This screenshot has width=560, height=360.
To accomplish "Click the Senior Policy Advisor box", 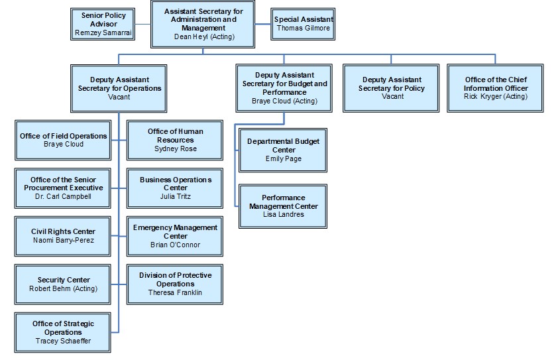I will click(103, 23).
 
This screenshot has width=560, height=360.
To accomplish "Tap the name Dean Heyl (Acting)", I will click(203, 37).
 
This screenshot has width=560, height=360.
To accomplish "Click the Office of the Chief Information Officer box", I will click(495, 88).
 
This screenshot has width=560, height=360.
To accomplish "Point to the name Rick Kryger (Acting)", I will click(495, 97).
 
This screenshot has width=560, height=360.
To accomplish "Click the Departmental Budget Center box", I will click(283, 150).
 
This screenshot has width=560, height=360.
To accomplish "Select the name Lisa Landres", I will click(283, 214).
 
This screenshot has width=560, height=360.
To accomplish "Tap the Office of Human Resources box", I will click(176, 140).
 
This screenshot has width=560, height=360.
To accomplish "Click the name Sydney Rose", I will click(176, 149).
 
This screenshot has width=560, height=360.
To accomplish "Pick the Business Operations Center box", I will click(176, 188).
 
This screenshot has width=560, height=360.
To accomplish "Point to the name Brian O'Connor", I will click(175, 245).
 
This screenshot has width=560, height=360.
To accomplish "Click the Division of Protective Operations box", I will click(176, 284).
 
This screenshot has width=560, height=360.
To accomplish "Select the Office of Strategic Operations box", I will click(63, 332).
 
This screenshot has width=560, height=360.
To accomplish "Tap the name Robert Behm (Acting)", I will click(63, 288).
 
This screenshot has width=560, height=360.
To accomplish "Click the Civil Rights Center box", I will click(63, 236).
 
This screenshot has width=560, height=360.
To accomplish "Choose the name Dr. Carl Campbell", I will click(63, 196).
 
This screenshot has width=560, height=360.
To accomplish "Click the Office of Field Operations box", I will click(63, 140).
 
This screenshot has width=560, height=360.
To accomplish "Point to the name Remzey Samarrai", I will click(103, 32).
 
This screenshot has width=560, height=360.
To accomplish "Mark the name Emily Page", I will click(283, 158).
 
